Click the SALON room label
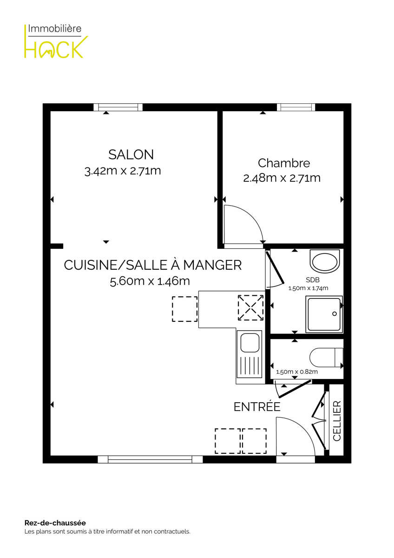[131, 154]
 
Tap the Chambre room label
[284, 163]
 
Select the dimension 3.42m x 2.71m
[123, 171]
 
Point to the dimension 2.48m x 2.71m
[282, 178]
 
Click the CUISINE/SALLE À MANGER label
[153, 265]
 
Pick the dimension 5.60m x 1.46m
[150, 281]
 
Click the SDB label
[313, 280]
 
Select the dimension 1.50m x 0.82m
[297, 372]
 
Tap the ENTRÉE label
[257, 407]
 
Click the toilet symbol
[327, 358]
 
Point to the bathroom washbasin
[325, 261]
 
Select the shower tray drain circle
[335, 313]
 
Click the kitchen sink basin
[250, 343]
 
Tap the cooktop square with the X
[250, 308]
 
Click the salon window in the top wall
[118, 107]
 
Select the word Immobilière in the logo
[55, 29]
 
